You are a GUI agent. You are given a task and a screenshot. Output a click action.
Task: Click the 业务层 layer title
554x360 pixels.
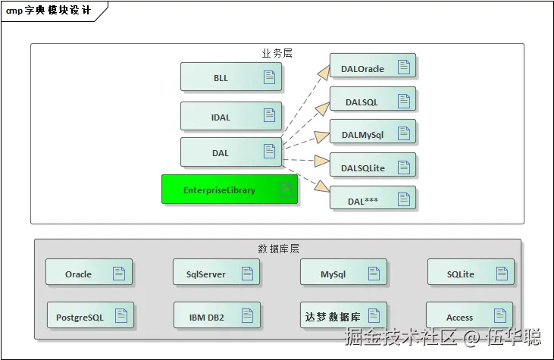point(277,54)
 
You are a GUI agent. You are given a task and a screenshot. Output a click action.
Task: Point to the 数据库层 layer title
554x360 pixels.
point(279,249)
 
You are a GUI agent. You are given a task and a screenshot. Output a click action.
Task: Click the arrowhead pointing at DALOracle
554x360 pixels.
point(323,73)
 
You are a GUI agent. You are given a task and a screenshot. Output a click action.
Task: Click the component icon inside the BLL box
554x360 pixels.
point(269,77)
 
